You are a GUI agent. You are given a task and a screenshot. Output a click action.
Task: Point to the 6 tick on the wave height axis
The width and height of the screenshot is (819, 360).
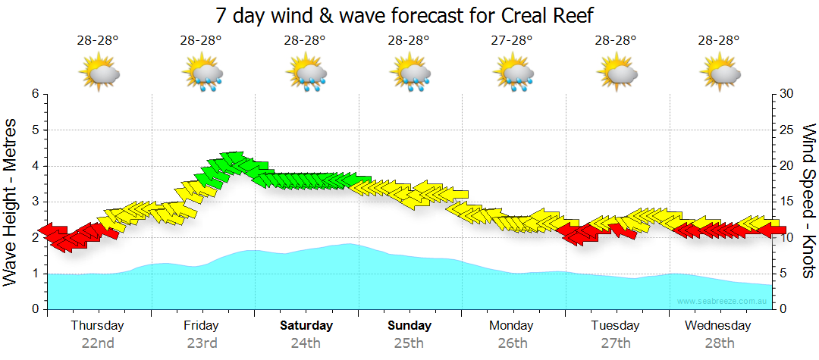[x=35, y=94]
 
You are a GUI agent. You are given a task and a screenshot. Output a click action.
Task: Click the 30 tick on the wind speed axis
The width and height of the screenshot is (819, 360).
[x=786, y=94]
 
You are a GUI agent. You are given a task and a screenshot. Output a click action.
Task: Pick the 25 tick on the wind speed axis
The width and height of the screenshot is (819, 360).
[x=786, y=130]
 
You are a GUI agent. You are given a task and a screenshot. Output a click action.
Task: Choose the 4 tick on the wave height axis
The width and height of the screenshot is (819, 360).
[x=35, y=166]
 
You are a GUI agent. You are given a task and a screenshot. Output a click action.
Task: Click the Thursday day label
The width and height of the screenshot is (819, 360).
[x=97, y=326]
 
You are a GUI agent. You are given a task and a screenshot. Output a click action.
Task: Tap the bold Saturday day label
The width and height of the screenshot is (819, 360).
[x=306, y=326]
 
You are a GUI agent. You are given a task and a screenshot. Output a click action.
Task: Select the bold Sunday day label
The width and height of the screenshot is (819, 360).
[x=409, y=326]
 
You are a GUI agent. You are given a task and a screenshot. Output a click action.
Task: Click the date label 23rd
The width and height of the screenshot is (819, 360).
[x=202, y=343]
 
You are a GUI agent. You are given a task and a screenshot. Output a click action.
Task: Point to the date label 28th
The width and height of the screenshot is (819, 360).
[x=719, y=343]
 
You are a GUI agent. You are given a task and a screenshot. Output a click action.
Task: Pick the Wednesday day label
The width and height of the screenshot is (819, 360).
[x=718, y=326]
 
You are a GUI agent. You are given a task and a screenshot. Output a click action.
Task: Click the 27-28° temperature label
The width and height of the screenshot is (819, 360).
[x=512, y=40]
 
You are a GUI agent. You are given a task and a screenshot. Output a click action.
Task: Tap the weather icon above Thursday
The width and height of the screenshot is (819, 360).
[x=99, y=73]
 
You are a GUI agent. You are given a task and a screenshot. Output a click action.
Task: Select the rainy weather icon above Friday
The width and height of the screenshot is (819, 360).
[x=202, y=73]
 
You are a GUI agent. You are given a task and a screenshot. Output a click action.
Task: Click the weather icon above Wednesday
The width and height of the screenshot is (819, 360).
[x=720, y=73]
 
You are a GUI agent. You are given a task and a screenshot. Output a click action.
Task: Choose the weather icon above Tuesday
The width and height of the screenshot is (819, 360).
[x=616, y=73]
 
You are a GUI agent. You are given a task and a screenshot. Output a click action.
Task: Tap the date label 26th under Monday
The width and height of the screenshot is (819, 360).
[x=513, y=343]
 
